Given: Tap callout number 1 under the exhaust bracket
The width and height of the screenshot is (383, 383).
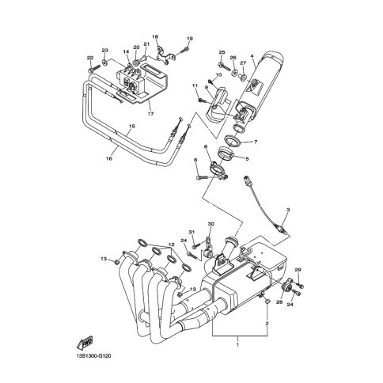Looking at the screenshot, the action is click(237, 344).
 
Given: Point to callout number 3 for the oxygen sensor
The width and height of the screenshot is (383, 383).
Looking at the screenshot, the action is click(288, 210).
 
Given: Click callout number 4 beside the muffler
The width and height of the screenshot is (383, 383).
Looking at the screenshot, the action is click(252, 56).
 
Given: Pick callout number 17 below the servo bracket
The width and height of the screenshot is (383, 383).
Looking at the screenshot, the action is click(150, 114).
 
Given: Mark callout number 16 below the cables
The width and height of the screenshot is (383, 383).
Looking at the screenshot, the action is click(109, 158).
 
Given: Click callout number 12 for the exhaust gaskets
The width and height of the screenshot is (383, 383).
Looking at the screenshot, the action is click(172, 245).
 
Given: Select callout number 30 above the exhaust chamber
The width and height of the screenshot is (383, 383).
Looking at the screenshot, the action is click(211, 224).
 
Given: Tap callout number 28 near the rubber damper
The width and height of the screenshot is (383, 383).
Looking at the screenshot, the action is click(279, 301).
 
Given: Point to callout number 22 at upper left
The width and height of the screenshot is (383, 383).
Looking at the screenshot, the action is click(90, 58).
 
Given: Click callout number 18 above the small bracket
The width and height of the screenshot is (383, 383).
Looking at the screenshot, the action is click(155, 37).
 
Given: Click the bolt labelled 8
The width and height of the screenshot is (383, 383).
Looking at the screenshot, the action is click(202, 178).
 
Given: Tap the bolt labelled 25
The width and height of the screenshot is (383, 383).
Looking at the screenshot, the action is click(225, 65).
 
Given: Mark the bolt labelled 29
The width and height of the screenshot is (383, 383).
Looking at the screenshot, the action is click(300, 285).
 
